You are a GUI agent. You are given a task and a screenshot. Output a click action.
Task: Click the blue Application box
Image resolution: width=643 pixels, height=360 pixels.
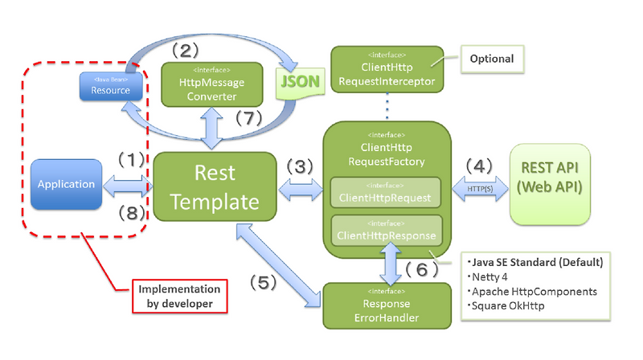[x=66, y=185]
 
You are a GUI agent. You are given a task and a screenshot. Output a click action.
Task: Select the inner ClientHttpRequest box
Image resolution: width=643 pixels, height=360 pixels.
[x=387, y=195]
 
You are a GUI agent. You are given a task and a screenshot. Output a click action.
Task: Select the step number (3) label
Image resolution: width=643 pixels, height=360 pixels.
[x=299, y=167]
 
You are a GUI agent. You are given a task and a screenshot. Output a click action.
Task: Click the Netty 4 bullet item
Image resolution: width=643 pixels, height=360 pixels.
[x=493, y=276]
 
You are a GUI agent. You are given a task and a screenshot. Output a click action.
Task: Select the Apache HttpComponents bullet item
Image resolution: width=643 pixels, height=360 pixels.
[x=534, y=291]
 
